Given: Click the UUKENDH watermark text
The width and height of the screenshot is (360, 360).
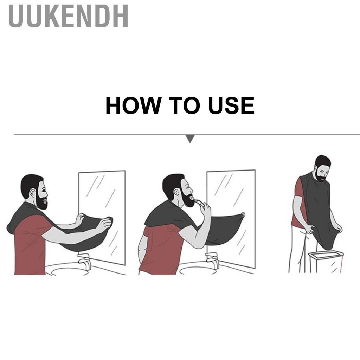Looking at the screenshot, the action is [x=68, y=16].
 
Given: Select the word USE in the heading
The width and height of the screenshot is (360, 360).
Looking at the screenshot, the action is [x=231, y=105].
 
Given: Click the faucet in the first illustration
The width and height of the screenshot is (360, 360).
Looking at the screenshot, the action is [x=85, y=261].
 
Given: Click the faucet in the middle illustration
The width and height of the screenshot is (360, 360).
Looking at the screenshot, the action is [x=212, y=260].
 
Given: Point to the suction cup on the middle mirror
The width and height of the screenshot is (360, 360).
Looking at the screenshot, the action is [x=243, y=215].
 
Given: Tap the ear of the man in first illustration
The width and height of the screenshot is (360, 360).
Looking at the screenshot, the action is [x=33, y=192].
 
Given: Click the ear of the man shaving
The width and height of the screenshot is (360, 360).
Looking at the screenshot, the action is [x=176, y=192].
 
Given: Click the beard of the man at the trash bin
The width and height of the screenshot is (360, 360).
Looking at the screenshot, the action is [x=321, y=176].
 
